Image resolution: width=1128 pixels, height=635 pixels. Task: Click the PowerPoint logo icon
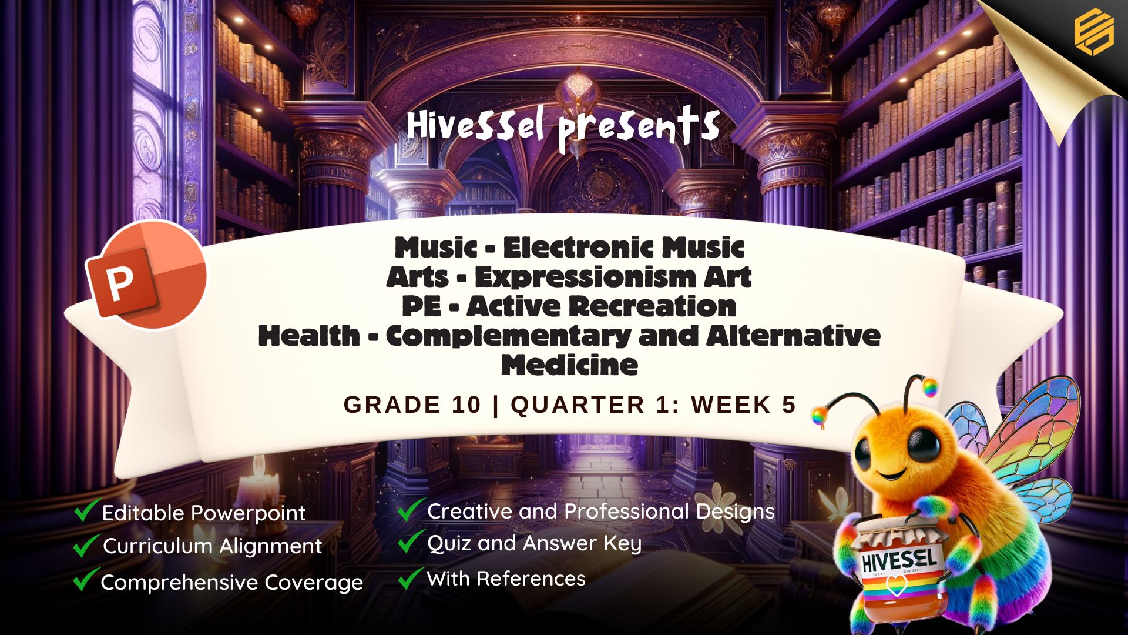click(x=146, y=275)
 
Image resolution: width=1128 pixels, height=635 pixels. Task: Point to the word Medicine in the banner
click(x=569, y=365)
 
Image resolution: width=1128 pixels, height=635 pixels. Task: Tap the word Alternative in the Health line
click(x=793, y=335)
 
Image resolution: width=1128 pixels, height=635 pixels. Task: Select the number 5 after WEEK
click(x=788, y=405)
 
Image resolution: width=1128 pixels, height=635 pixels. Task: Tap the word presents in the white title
click(x=639, y=128)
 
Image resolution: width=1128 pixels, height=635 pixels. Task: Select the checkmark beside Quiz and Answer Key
click(x=411, y=541)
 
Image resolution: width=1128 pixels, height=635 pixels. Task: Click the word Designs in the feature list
click(x=735, y=512)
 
